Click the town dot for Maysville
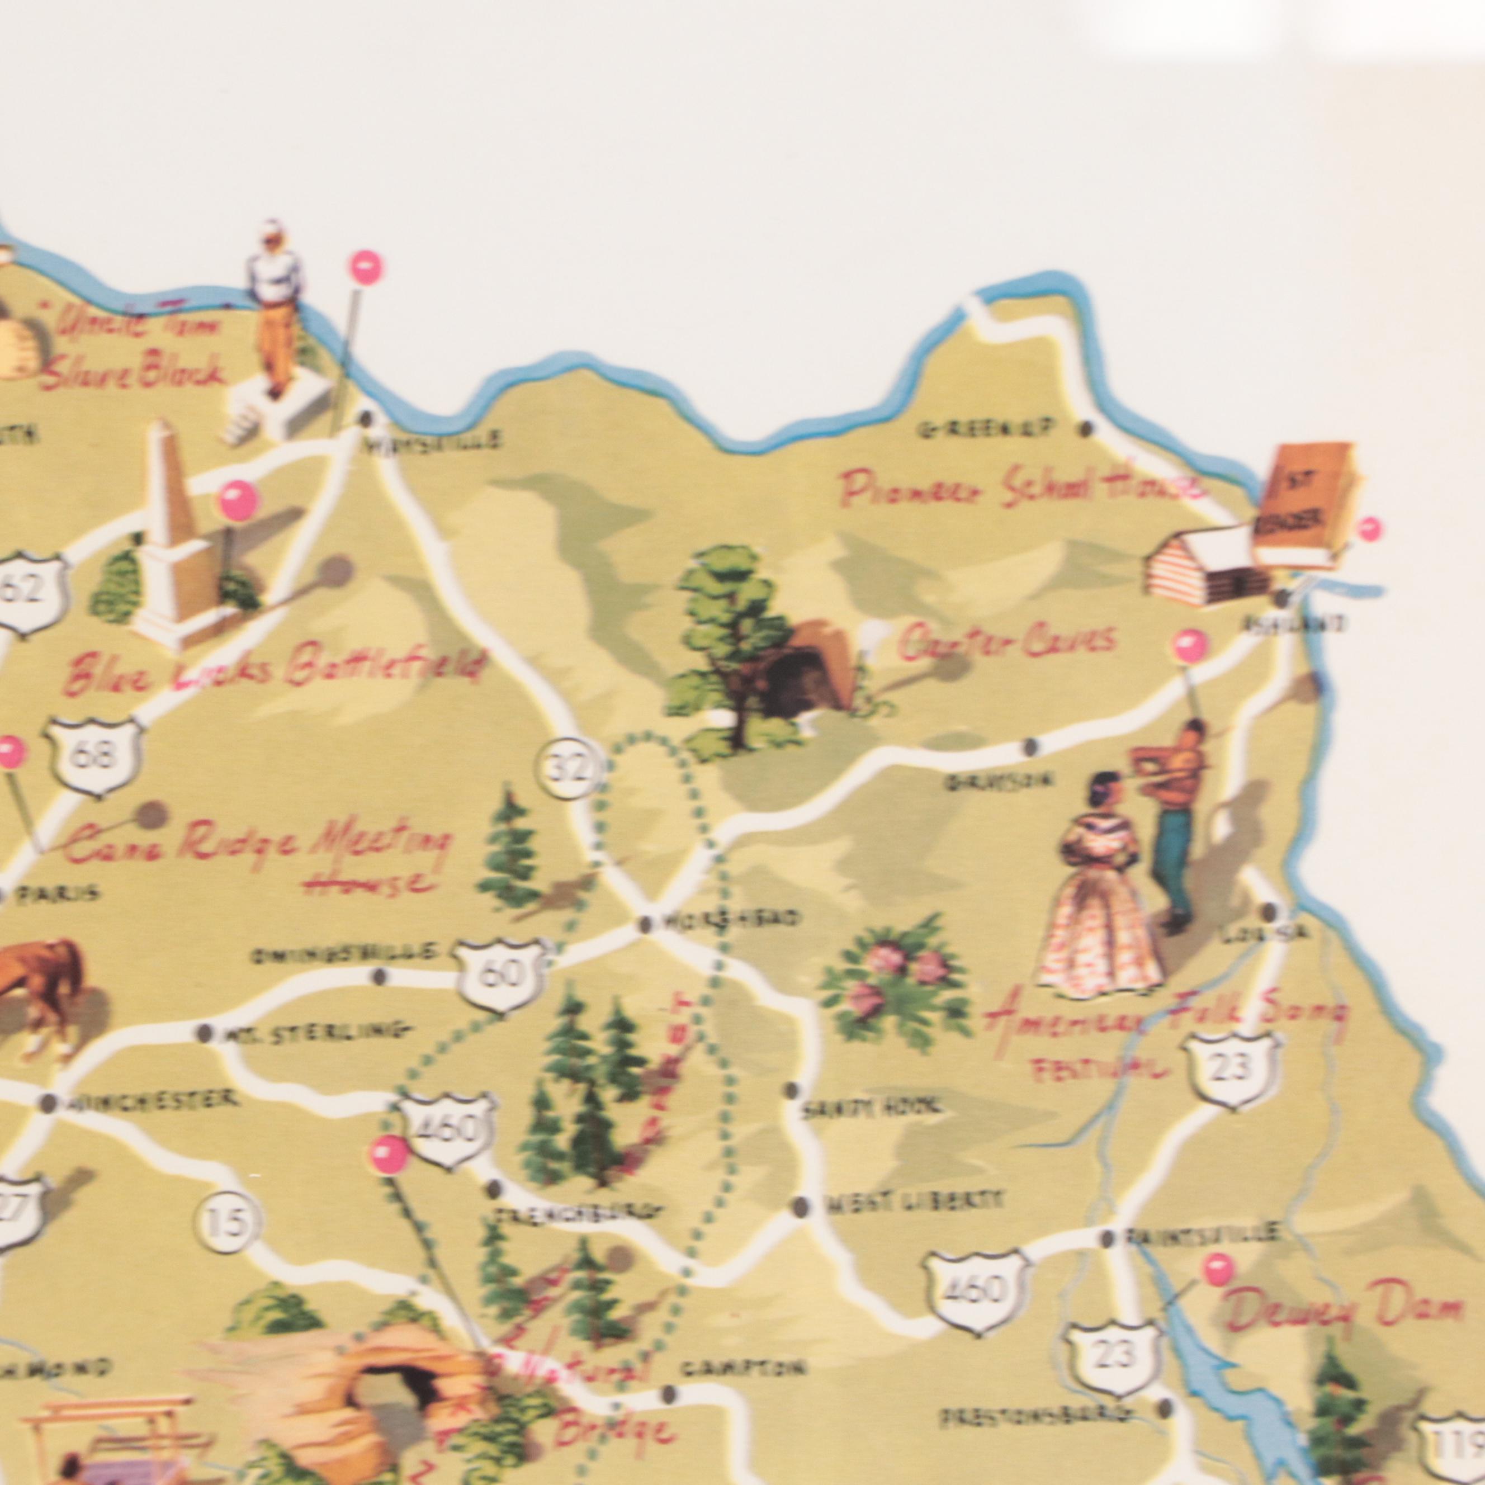coord(367,418)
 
